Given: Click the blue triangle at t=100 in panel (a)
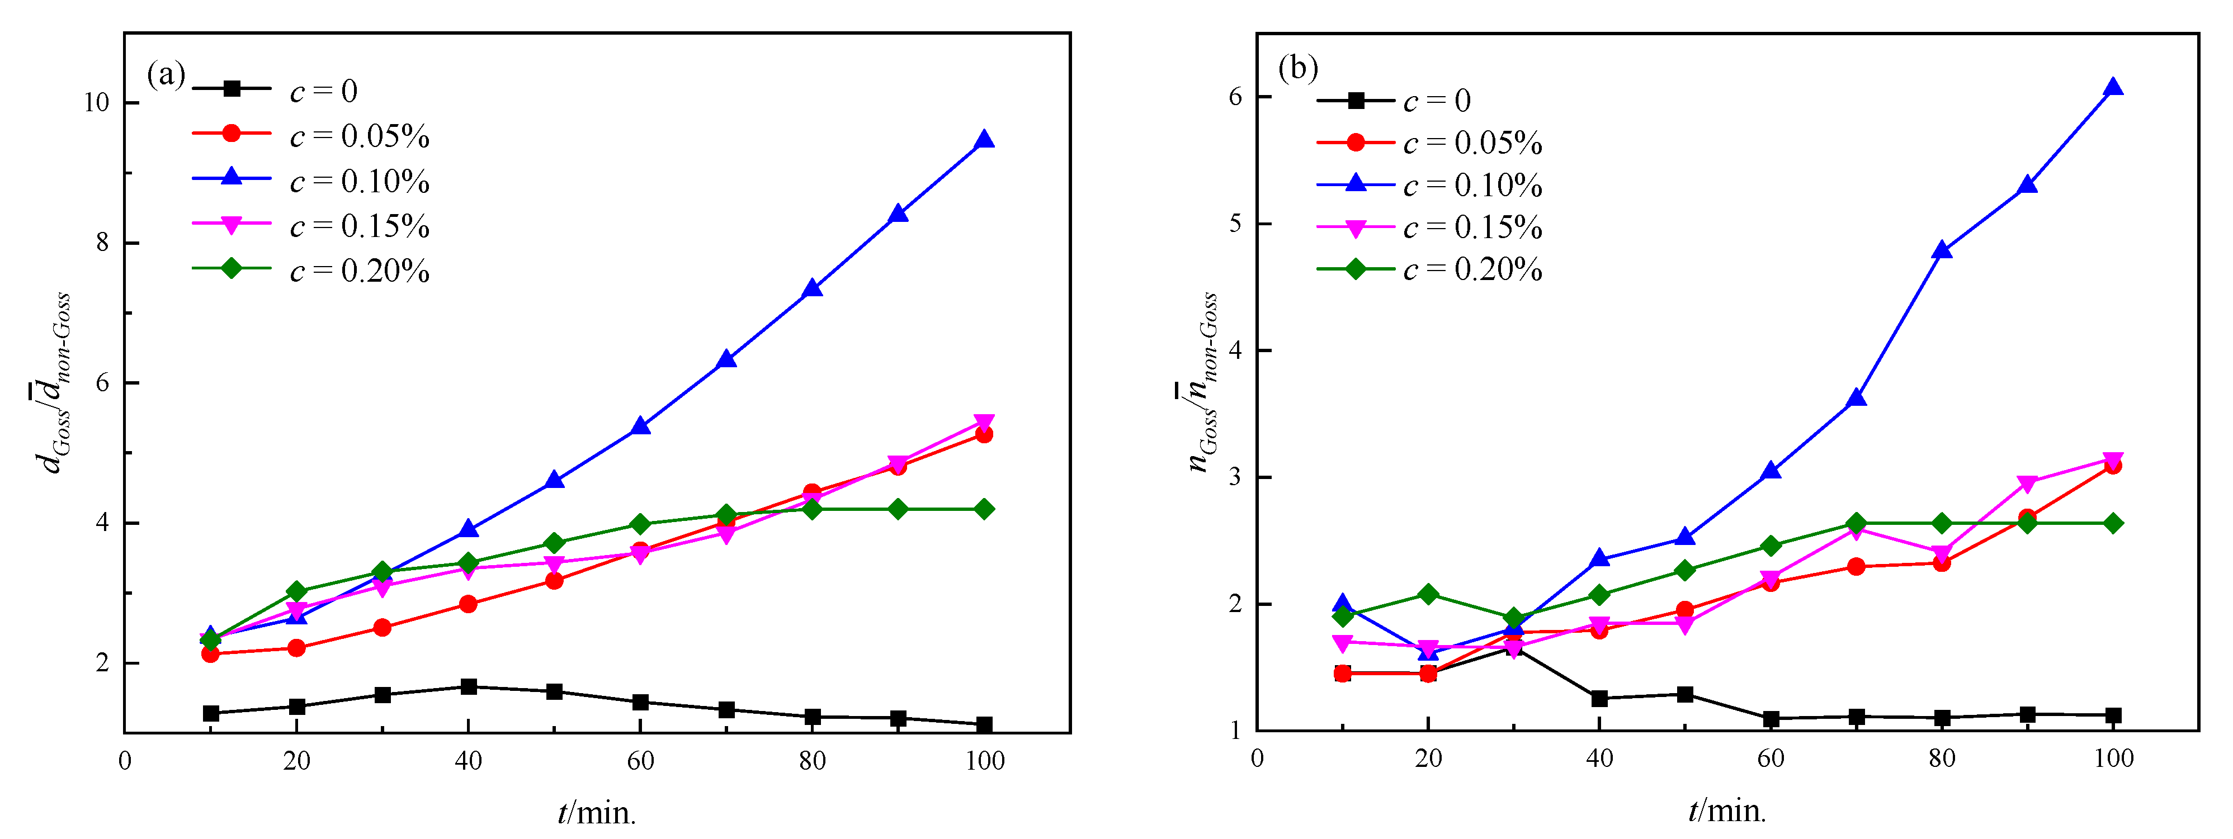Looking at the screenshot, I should [x=984, y=140].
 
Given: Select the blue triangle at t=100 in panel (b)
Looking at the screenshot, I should [x=2113, y=88].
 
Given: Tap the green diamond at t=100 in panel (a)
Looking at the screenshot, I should [x=984, y=509].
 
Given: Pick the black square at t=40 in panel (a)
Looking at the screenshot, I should [x=468, y=686].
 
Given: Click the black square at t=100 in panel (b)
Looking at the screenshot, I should [x=2113, y=715].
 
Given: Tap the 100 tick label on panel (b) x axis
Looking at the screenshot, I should [x=2113, y=759].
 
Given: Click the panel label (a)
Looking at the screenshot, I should [x=166, y=74].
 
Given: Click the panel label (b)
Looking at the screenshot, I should [x=1297, y=68].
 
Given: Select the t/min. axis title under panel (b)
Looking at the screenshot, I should [x=1727, y=811].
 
